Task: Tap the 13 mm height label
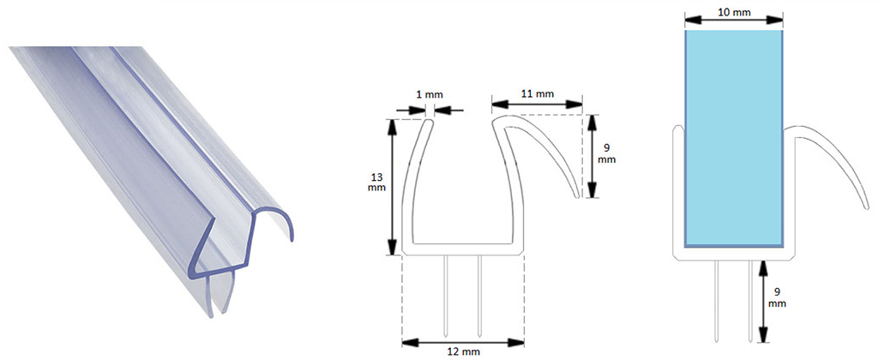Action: [x=376, y=182]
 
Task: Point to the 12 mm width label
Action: [x=464, y=352]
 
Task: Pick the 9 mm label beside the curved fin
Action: [x=607, y=153]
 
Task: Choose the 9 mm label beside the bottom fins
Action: [x=777, y=298]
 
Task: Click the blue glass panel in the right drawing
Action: [x=733, y=138]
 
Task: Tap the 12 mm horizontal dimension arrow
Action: [x=463, y=342]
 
